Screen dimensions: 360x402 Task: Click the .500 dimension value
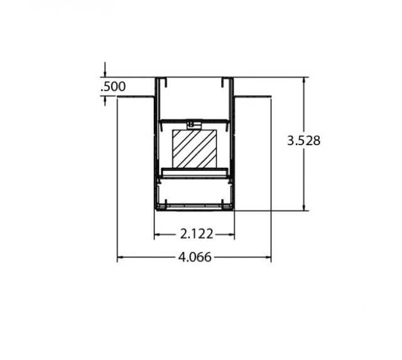pyautogui.click(x=113, y=87)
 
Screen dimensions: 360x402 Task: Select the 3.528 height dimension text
pyautogui.click(x=303, y=141)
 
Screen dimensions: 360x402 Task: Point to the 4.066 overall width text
pyautogui.click(x=195, y=257)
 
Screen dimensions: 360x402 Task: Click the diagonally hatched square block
pyautogui.click(x=195, y=149)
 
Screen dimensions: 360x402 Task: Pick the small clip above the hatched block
pyautogui.click(x=193, y=124)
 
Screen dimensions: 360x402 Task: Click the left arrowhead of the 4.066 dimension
pyautogui.click(x=120, y=257)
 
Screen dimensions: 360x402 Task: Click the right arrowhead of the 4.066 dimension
pyautogui.click(x=268, y=257)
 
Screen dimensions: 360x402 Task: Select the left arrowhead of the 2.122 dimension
pyautogui.click(x=158, y=234)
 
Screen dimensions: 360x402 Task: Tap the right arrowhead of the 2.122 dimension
pyautogui.click(x=231, y=234)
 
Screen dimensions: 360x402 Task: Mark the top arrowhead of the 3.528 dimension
pyautogui.click(x=305, y=80)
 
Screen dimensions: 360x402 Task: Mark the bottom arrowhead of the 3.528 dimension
pyautogui.click(x=305, y=207)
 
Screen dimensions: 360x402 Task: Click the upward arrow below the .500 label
pyautogui.click(x=105, y=100)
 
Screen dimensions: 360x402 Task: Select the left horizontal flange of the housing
pyautogui.click(x=136, y=97)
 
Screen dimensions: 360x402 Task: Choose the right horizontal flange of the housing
pyautogui.click(x=253, y=97)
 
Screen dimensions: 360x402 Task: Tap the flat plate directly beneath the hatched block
pyautogui.click(x=194, y=172)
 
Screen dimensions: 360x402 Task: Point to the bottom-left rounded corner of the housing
pyautogui.click(x=156, y=209)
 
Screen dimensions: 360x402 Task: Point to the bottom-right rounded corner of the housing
pyautogui.click(x=232, y=209)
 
